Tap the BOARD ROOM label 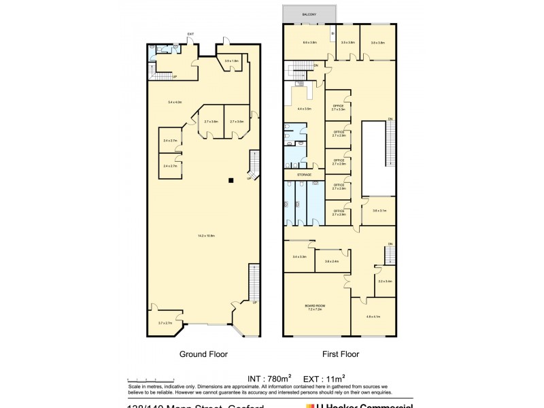[315, 308]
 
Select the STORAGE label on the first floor [303, 175]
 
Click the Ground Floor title [203, 354]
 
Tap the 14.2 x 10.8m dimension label [206, 236]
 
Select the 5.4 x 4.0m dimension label [175, 102]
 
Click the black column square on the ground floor [231, 180]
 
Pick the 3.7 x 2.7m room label [165, 323]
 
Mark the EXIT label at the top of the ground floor [191, 34]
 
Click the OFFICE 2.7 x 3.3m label [339, 107]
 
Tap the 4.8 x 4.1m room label [373, 317]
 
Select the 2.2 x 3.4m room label [385, 281]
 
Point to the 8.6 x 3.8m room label [310, 43]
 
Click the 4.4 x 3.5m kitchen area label [304, 109]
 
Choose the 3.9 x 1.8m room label [231, 61]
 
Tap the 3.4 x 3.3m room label [299, 257]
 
